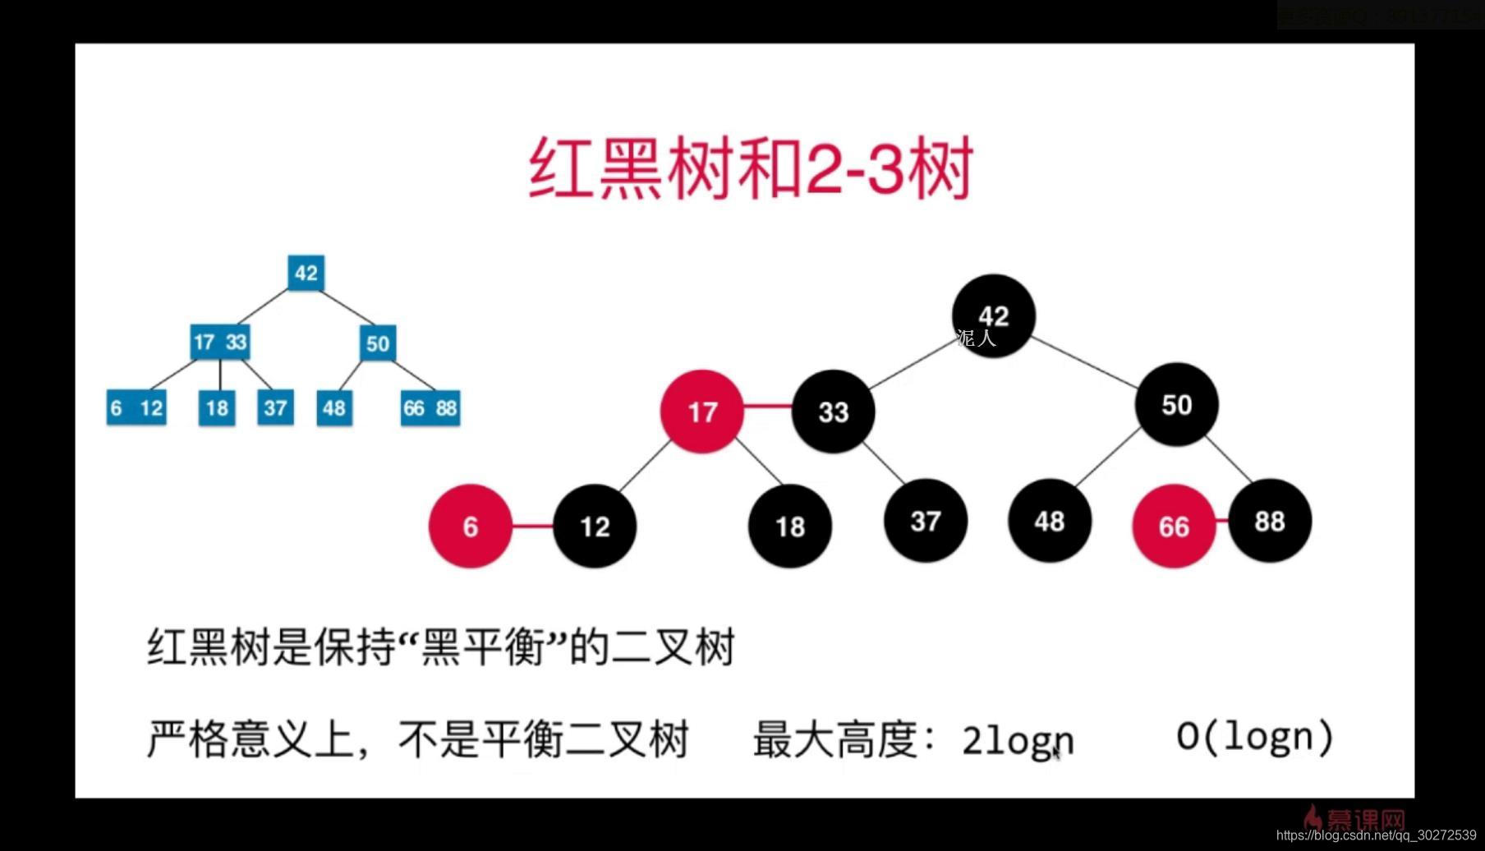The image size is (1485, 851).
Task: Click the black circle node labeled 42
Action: pyautogui.click(x=993, y=316)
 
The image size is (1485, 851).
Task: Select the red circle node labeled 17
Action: pyautogui.click(x=702, y=411)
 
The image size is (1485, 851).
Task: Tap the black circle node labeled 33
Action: pyautogui.click(x=833, y=411)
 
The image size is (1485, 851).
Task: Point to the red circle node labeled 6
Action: pyautogui.click(x=470, y=526)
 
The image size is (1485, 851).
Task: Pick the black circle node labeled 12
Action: pyautogui.click(x=595, y=526)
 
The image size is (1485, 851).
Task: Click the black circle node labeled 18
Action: pyautogui.click(x=789, y=526)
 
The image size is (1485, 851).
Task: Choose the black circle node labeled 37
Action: pyautogui.click(x=925, y=521)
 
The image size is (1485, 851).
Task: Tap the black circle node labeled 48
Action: pyautogui.click(x=1049, y=521)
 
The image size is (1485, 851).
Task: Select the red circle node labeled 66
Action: pyautogui.click(x=1173, y=526)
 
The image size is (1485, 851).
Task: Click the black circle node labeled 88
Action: pyautogui.click(x=1269, y=521)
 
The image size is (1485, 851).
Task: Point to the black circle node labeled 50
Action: pyautogui.click(x=1176, y=404)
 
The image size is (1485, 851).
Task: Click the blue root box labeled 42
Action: pyautogui.click(x=306, y=273)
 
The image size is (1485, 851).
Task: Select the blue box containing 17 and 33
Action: pyautogui.click(x=219, y=342)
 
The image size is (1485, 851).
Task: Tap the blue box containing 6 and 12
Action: pyautogui.click(x=136, y=407)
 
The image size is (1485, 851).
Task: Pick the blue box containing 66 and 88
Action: pyautogui.click(x=430, y=407)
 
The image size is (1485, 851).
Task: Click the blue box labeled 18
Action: pyautogui.click(x=217, y=407)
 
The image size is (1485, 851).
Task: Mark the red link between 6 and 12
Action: pyautogui.click(x=532, y=526)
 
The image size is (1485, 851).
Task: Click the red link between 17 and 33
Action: pyautogui.click(x=767, y=406)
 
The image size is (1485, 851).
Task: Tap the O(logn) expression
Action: pyautogui.click(x=1254, y=736)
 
